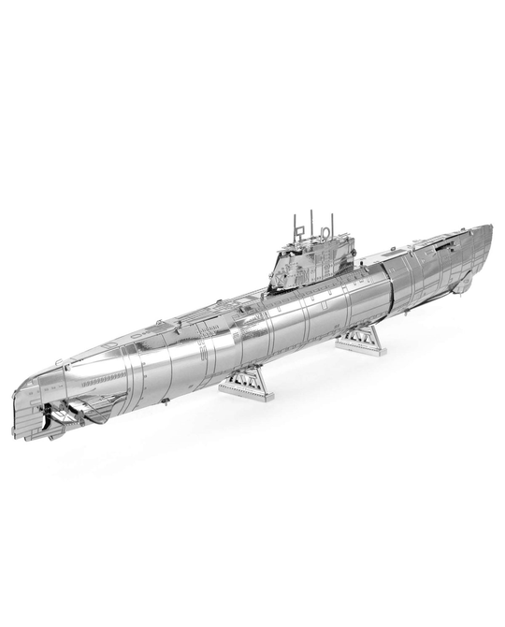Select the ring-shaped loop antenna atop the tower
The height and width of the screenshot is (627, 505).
[325, 227]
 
